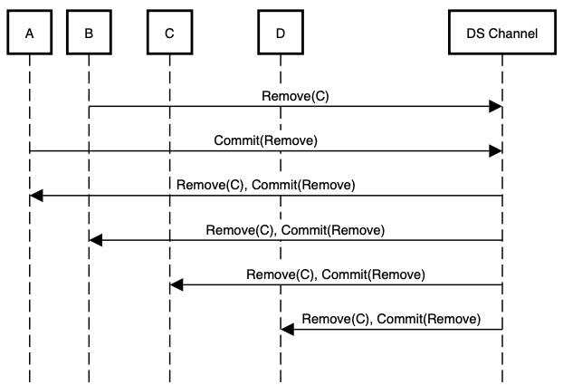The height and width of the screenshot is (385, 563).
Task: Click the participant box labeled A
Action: [30, 34]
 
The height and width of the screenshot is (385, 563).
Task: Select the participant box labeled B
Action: [89, 34]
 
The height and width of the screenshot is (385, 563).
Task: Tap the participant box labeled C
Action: [169, 34]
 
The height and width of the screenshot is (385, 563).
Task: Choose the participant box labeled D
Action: [281, 34]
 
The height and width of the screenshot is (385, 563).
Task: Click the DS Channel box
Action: [501, 34]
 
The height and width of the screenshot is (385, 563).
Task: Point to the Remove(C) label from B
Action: [295, 96]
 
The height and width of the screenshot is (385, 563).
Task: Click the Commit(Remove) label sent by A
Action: [265, 140]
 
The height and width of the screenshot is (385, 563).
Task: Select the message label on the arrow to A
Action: [265, 185]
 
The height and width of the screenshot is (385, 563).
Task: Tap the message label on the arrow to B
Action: [295, 230]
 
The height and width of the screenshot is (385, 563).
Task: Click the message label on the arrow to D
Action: [391, 319]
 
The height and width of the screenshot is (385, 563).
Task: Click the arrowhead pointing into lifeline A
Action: [36, 196]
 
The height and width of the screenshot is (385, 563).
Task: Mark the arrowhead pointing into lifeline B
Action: [96, 240]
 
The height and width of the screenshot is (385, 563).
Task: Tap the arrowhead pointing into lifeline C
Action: [177, 285]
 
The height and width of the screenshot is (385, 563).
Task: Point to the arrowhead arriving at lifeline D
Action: [288, 330]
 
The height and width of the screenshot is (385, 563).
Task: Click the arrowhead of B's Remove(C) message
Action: [495, 107]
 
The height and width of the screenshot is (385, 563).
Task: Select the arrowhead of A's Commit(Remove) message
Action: [495, 151]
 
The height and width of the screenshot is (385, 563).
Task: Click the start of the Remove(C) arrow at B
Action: [90, 107]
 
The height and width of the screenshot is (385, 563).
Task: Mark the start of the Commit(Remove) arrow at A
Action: [31, 151]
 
